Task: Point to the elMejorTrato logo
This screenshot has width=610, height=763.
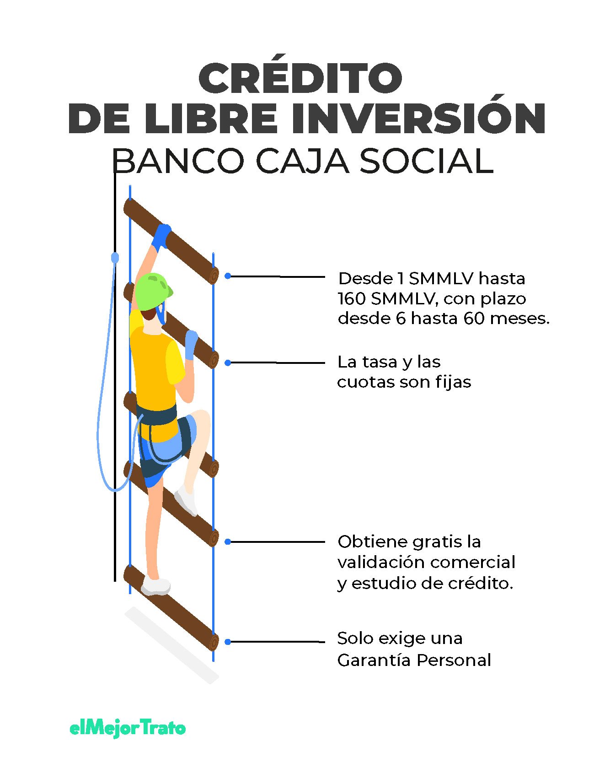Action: pos(128,728)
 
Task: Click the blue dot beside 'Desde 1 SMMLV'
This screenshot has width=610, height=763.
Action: pos(228,276)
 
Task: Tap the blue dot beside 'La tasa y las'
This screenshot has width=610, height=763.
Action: pos(228,363)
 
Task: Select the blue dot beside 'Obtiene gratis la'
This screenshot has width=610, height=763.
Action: pos(228,541)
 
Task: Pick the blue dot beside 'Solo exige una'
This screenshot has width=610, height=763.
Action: pos(228,642)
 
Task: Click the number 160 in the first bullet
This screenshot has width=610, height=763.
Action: pos(352,298)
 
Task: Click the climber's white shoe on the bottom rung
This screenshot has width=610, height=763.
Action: pos(155,586)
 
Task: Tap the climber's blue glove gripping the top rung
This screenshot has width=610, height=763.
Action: pos(161,236)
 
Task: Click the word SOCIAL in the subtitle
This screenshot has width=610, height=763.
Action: pos(427,161)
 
